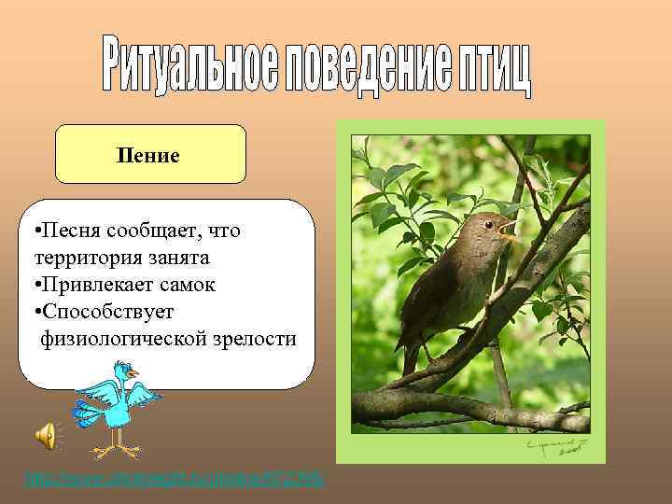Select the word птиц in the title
(x=492, y=69)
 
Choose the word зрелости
(x=255, y=338)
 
